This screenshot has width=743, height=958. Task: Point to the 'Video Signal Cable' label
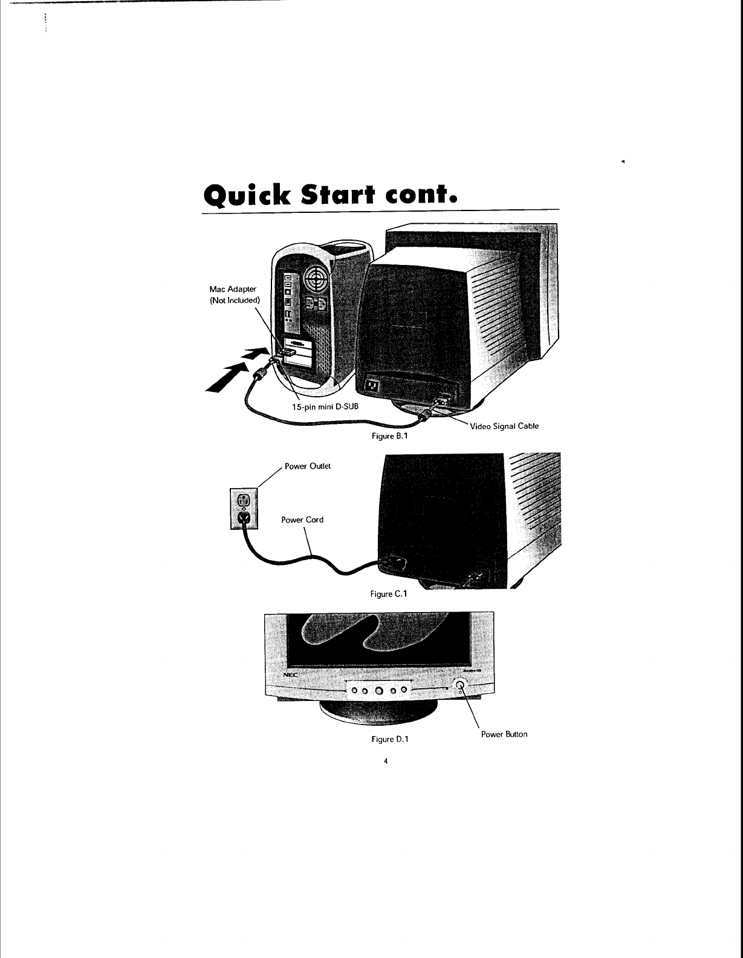pos(504,426)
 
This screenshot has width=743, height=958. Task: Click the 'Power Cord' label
pos(302,520)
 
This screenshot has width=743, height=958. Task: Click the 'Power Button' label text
pos(504,734)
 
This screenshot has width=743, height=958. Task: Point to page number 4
pos(385,761)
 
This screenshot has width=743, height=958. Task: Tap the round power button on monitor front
pos(461,685)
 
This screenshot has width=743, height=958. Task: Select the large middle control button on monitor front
pos(378,690)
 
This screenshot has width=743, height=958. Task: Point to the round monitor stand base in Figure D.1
pos(379,714)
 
